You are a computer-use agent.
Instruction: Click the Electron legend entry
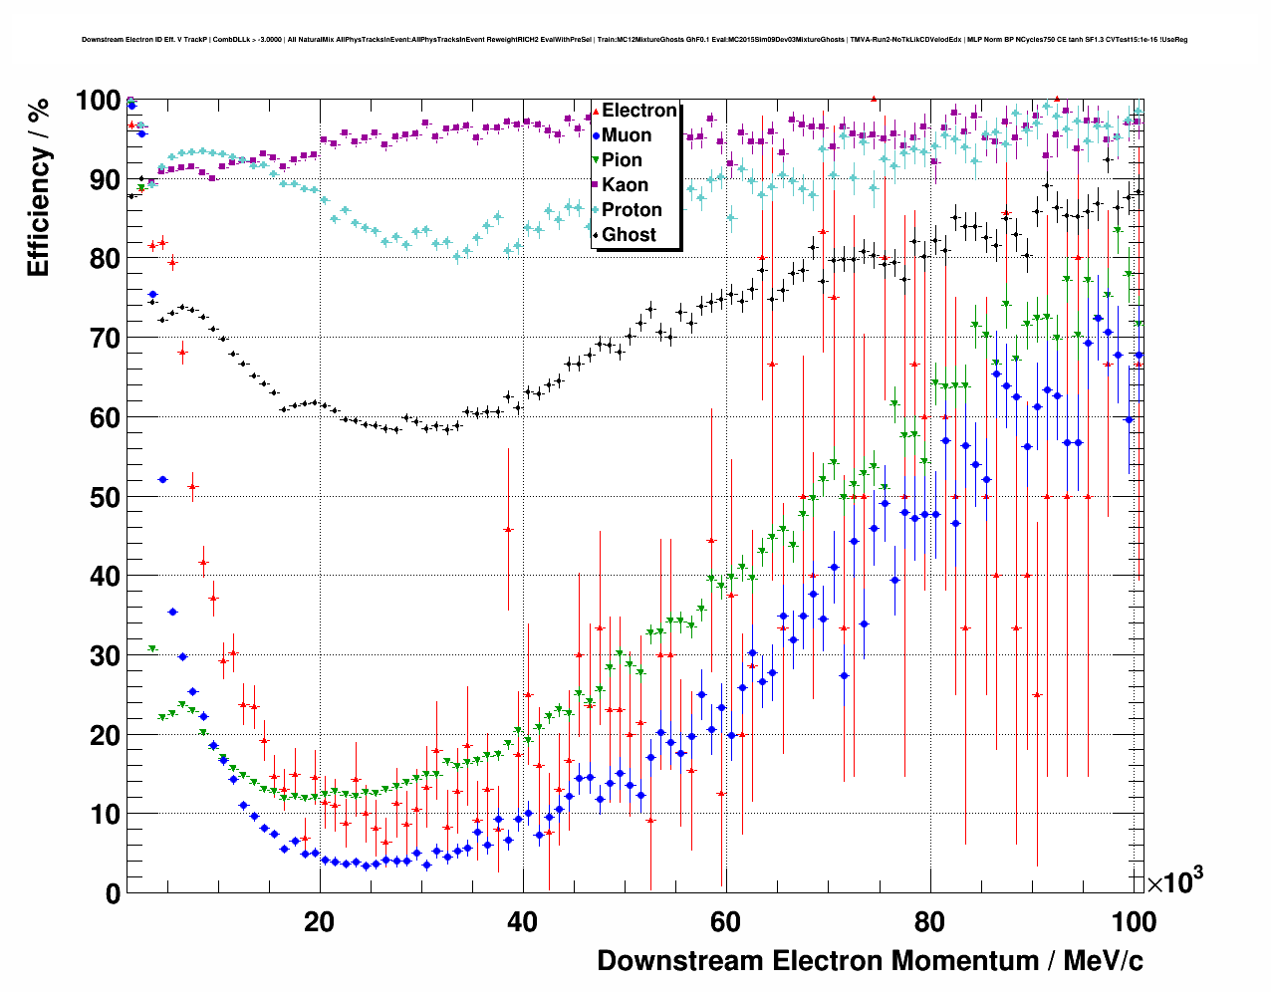tap(638, 111)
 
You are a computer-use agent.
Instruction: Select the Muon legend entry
tap(627, 135)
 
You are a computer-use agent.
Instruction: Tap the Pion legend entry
tap(622, 160)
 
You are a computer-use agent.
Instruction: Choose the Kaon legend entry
tap(625, 185)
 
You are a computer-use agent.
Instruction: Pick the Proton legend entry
tap(632, 210)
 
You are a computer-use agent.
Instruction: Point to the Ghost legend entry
tap(629, 235)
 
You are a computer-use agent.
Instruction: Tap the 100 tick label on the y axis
tap(99, 102)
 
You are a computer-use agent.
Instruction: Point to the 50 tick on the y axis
tap(107, 497)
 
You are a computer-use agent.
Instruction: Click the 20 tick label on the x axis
tap(319, 922)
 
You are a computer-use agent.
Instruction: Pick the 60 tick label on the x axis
tap(726, 922)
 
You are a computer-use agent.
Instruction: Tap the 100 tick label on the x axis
tap(1133, 922)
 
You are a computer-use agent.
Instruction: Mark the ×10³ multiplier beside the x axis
tap(1174, 881)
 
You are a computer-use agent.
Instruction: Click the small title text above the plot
tap(635, 41)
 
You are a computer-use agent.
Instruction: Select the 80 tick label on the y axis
tap(107, 259)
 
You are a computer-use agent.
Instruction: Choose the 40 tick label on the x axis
tap(523, 922)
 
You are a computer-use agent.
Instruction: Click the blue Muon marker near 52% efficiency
tap(162, 479)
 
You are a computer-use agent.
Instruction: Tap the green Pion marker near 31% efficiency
tap(152, 649)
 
